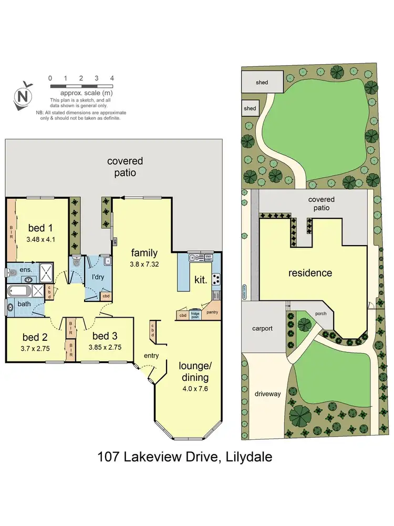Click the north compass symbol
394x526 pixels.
(23, 96)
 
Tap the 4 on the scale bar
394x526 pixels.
(112, 78)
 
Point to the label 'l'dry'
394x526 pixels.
(97, 277)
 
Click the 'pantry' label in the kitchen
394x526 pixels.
(213, 312)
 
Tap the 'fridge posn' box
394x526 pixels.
(195, 315)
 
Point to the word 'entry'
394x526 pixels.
(151, 356)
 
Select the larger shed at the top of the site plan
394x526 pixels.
(262, 82)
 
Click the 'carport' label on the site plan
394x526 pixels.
(262, 328)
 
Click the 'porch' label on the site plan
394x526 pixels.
(320, 313)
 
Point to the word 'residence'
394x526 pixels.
(310, 273)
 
